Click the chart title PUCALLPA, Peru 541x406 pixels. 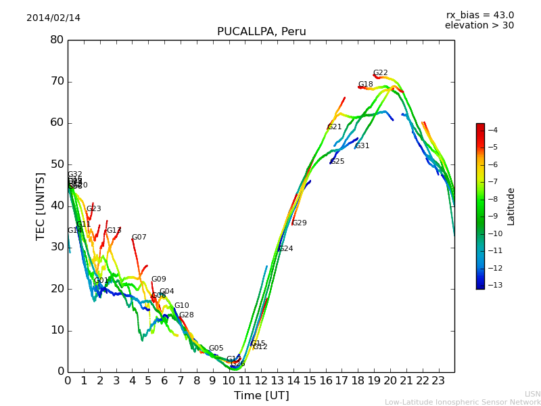point(261,32)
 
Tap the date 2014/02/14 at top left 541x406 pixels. point(53,18)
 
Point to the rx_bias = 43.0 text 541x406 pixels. point(479,15)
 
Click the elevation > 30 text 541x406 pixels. point(479,26)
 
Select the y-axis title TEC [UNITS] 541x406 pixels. point(41,206)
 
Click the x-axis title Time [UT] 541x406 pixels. point(261,396)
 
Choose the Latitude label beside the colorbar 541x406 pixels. point(511,206)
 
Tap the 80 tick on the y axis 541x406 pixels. point(57,40)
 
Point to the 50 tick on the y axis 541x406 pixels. point(57,164)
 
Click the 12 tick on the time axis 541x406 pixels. point(261,381)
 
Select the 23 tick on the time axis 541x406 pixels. point(438,381)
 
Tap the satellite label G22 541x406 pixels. point(381,73)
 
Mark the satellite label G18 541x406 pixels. point(366,85)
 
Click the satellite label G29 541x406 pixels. point(300,223)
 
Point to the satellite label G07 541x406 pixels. point(139,238)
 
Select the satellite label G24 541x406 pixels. point(286,249)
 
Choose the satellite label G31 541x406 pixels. point(362,146)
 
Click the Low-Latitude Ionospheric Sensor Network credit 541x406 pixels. point(463,403)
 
